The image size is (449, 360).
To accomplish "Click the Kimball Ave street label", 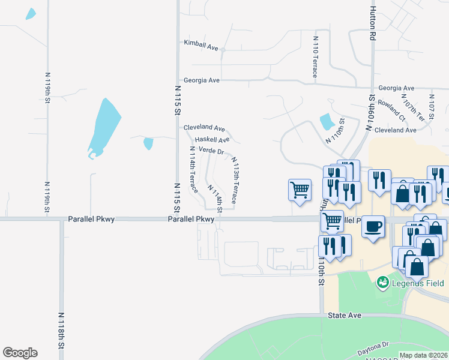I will [201, 44].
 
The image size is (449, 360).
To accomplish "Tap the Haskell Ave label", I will [212, 140].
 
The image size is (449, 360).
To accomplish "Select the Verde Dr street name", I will [211, 151].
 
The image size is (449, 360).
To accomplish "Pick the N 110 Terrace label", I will [315, 56].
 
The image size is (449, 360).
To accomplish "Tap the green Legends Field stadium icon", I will [382, 281].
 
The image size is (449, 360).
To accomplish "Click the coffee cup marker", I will [373, 227].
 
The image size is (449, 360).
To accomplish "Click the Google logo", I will [20, 353].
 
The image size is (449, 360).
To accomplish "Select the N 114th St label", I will [215, 197].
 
